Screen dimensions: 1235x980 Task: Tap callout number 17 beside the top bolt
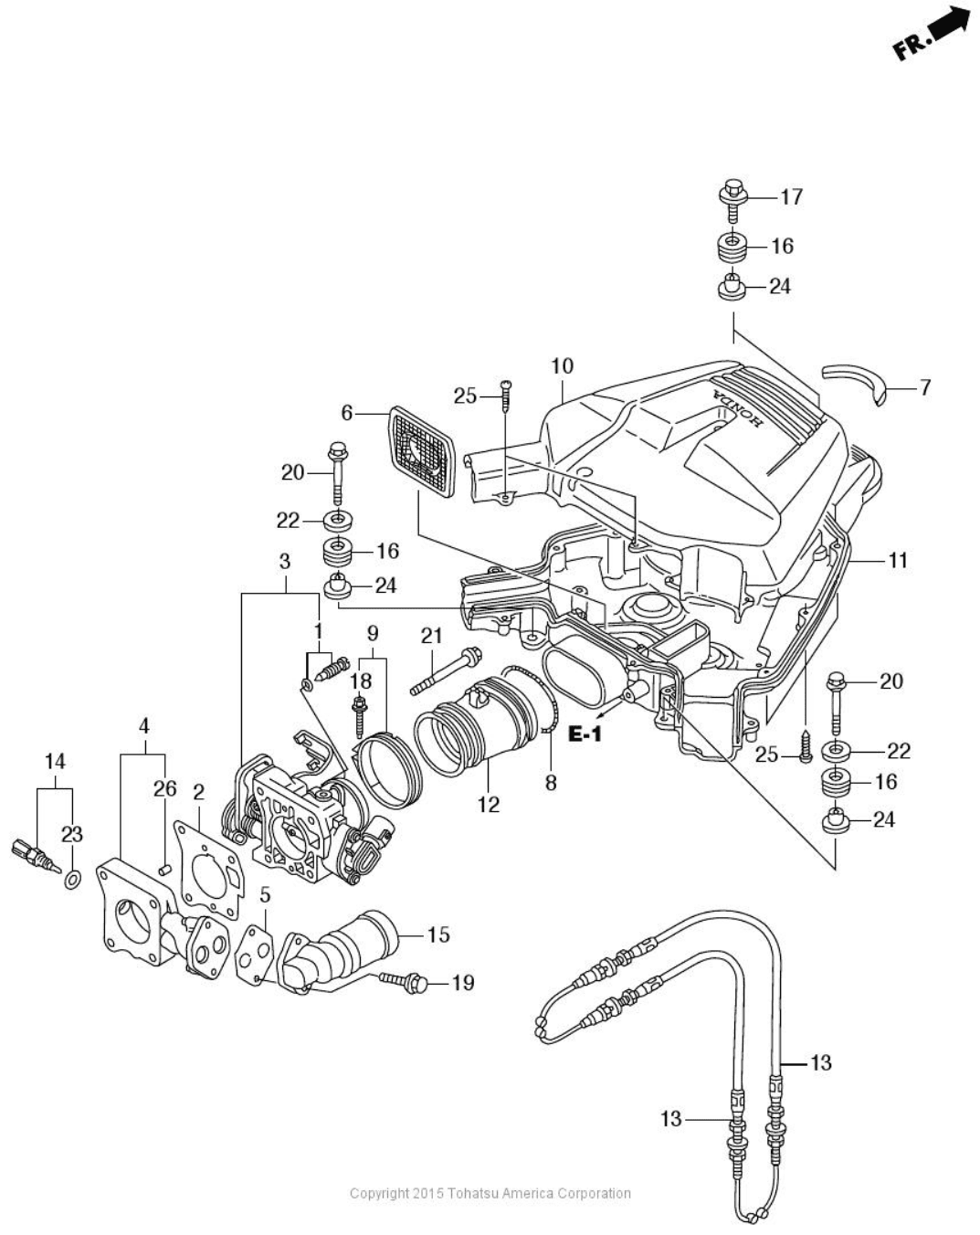[791, 196]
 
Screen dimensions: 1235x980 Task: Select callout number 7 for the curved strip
[924, 387]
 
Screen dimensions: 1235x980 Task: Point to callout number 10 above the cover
[562, 366]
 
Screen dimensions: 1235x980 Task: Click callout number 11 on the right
[898, 559]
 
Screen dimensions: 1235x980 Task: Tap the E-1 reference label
[585, 733]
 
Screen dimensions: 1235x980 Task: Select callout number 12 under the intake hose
[489, 804]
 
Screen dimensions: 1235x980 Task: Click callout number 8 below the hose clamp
[551, 782]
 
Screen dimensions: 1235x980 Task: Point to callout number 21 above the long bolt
[431, 636]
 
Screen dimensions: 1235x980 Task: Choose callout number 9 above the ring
[373, 632]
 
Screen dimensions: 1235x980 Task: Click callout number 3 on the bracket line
[284, 560]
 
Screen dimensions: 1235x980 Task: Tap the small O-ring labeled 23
[72, 880]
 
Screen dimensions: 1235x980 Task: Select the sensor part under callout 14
[32, 854]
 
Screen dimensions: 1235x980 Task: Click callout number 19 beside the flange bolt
[463, 983]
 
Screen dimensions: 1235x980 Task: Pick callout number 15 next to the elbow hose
[438, 934]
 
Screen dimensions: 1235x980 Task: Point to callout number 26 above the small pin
[164, 787]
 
